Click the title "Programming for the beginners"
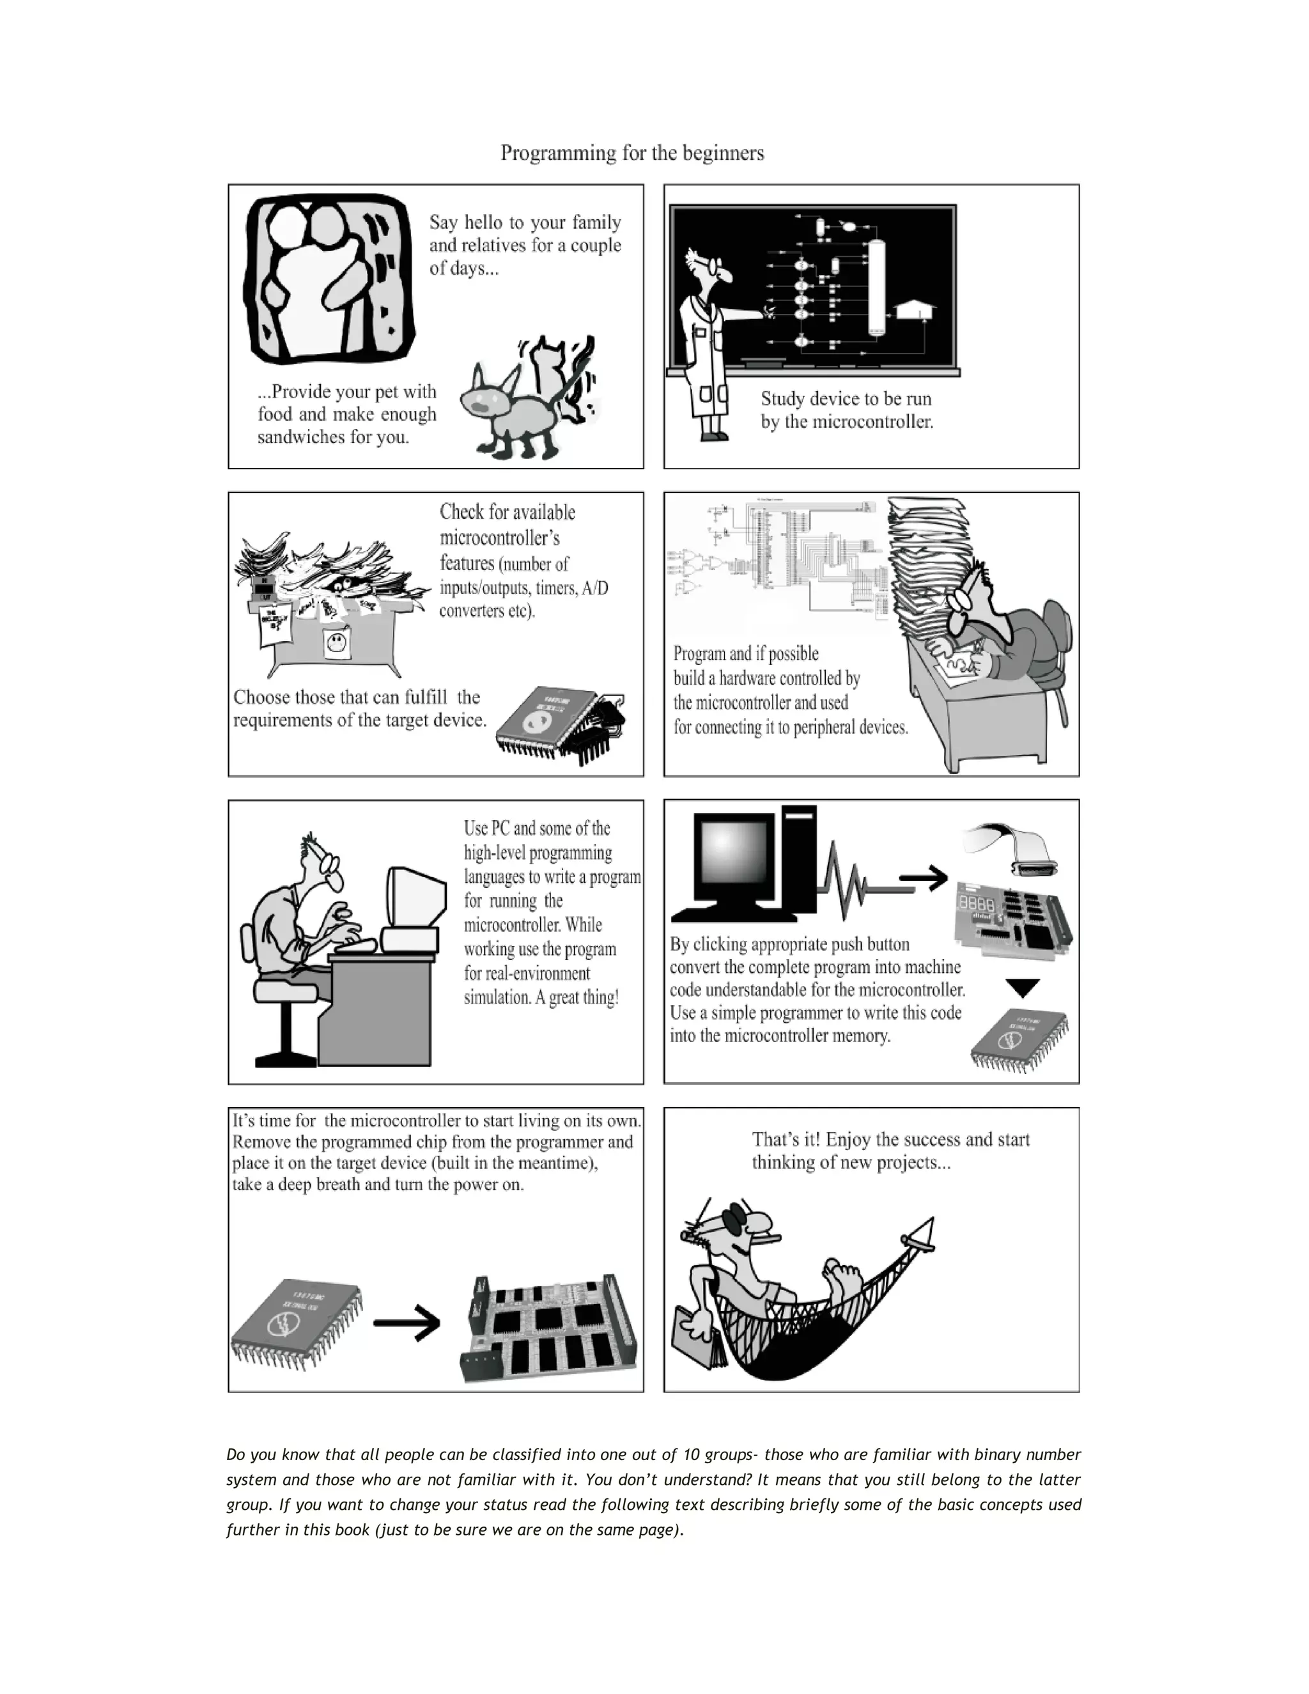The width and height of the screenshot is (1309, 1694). click(x=632, y=153)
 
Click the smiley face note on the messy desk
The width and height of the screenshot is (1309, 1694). click(x=335, y=643)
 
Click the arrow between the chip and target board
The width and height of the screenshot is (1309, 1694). click(x=407, y=1323)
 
